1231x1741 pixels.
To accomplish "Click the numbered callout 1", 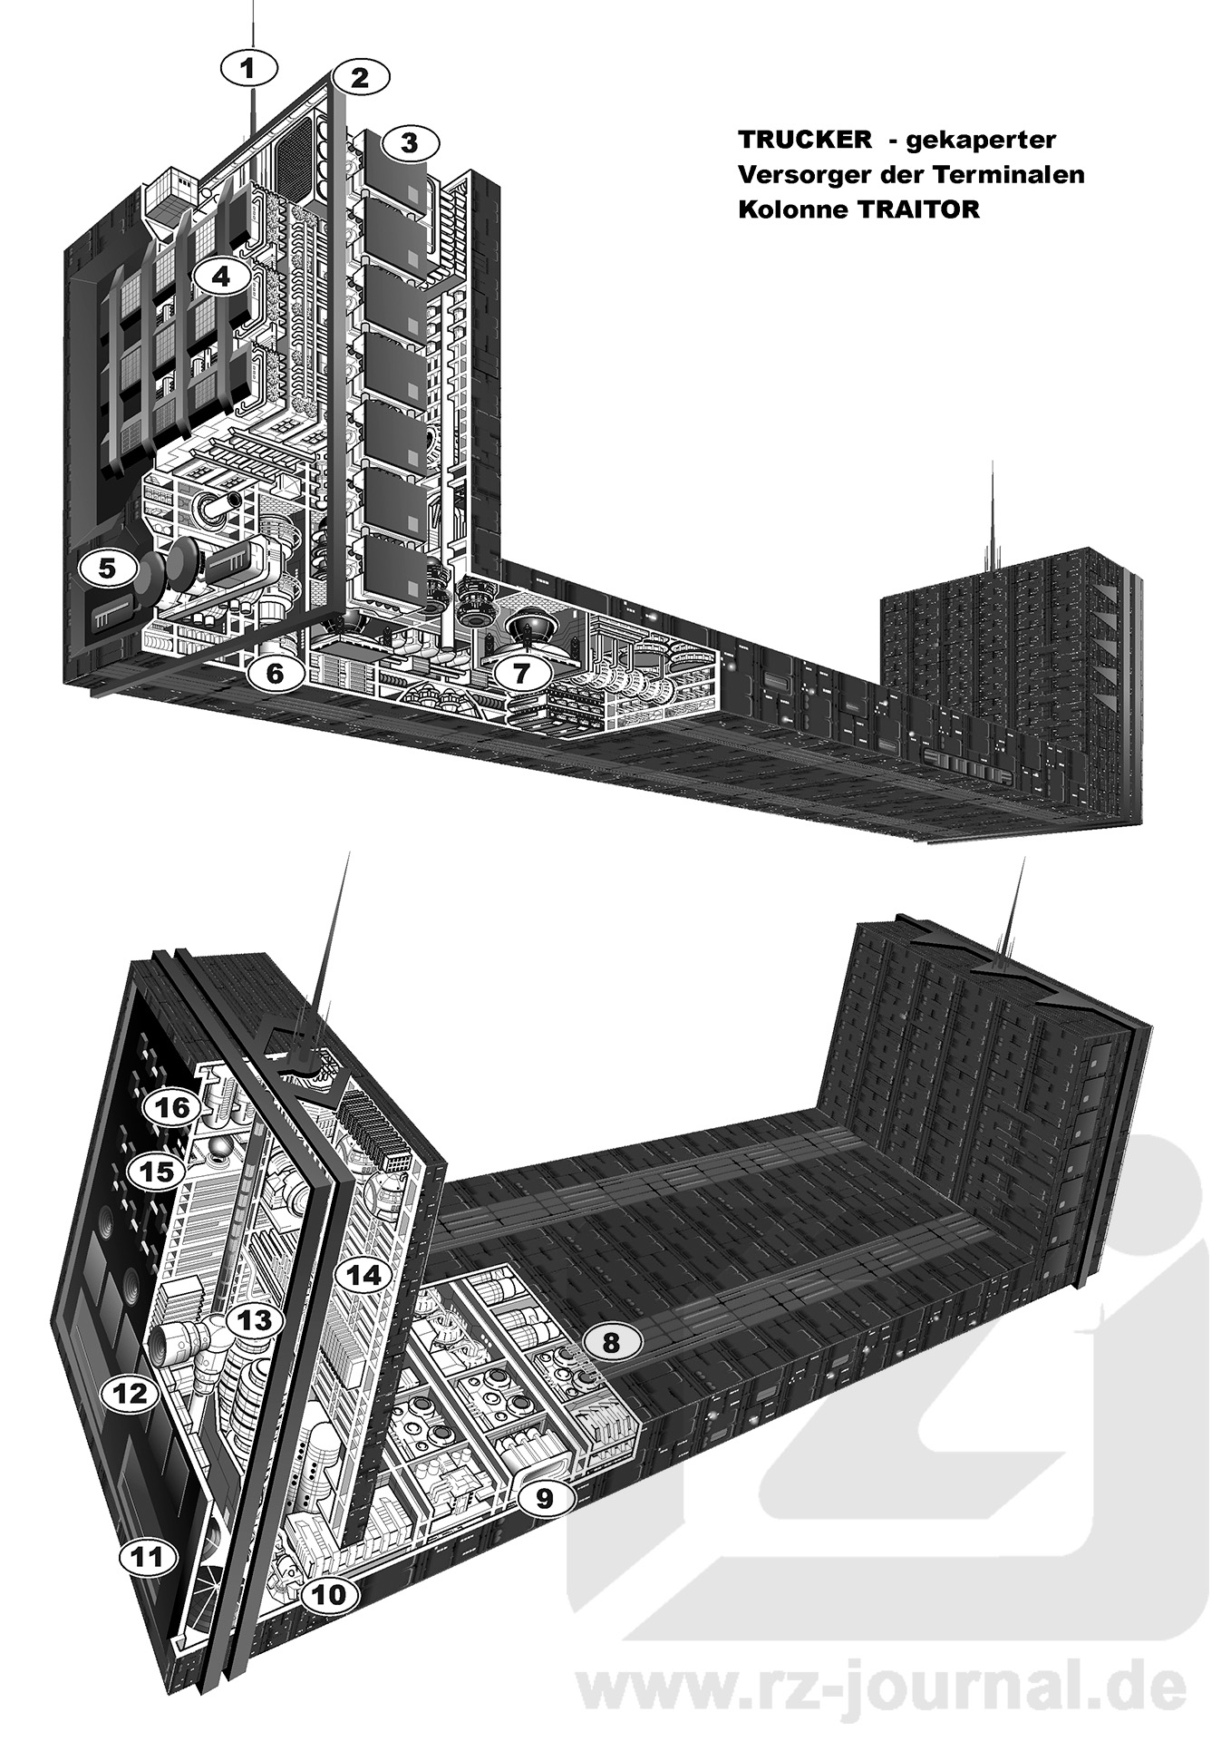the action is pyautogui.click(x=250, y=66).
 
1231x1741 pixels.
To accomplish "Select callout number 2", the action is pyautogui.click(x=360, y=78).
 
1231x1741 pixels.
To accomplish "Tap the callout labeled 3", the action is pyautogui.click(x=410, y=142).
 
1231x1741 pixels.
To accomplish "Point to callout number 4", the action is pyautogui.click(x=221, y=276).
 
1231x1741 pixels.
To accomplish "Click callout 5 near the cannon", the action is pyautogui.click(x=108, y=569).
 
